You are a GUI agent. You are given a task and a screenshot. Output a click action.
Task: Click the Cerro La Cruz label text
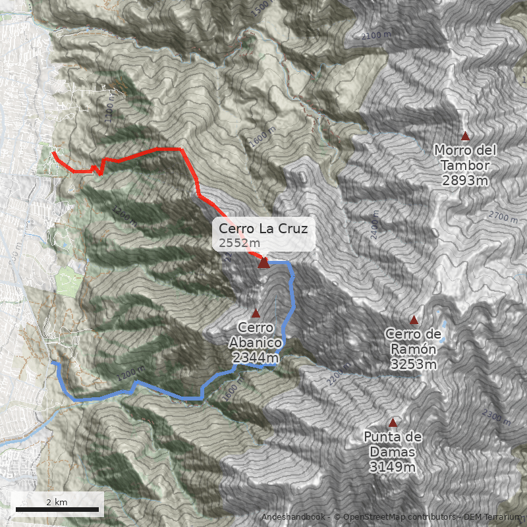(263, 229)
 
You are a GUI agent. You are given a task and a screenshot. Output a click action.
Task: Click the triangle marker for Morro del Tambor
(466, 136)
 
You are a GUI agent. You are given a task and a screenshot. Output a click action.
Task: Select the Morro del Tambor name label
(465, 157)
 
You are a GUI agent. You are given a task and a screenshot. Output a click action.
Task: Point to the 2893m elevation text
(465, 180)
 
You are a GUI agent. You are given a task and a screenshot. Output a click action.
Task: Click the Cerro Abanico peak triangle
(256, 313)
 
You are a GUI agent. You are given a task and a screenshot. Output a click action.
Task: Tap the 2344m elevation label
(255, 357)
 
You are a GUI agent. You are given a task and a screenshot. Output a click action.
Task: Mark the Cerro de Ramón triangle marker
(414, 320)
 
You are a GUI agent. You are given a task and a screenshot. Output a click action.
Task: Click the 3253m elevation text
(413, 364)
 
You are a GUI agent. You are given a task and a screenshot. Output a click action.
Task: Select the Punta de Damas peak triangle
(393, 422)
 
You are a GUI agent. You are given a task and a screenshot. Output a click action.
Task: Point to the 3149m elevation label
(392, 467)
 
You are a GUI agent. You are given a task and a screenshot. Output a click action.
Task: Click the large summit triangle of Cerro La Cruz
(263, 263)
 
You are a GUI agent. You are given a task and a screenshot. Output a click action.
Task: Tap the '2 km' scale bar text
(57, 502)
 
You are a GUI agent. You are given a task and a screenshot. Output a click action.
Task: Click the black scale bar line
(57, 509)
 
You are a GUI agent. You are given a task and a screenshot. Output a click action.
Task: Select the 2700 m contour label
(504, 215)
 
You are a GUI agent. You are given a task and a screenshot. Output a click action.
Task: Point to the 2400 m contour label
(374, 225)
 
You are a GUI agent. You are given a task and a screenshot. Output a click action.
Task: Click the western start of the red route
(53, 154)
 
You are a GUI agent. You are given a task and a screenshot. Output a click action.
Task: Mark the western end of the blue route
(53, 362)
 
